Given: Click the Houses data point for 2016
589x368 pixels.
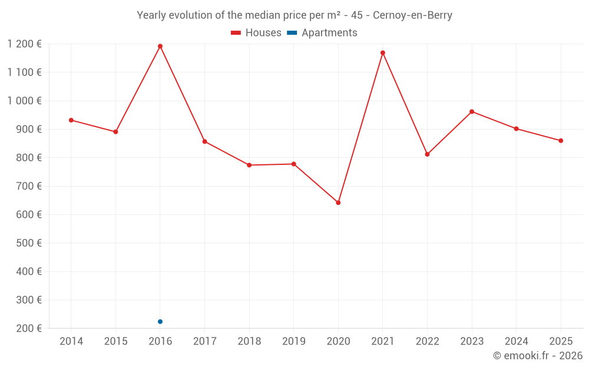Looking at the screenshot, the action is click(x=160, y=46).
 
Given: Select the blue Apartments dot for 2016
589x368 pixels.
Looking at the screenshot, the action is click(x=160, y=321).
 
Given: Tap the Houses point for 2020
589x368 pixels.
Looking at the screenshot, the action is click(x=338, y=203).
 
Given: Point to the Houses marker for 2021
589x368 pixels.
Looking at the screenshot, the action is click(x=383, y=53).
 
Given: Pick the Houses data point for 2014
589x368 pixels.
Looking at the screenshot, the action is click(x=71, y=120).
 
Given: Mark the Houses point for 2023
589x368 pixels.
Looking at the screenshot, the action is click(x=472, y=111).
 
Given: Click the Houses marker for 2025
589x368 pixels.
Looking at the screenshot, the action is click(x=561, y=141).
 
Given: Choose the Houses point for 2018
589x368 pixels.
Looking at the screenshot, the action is click(x=249, y=165).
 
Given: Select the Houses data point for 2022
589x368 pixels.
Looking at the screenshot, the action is click(x=427, y=154).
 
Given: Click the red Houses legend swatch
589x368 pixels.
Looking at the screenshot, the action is click(x=236, y=32).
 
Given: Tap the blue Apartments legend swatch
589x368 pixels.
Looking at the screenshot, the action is click(x=292, y=32).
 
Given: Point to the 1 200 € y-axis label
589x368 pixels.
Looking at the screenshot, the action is click(x=24, y=44).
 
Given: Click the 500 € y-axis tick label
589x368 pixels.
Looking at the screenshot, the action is click(x=29, y=243).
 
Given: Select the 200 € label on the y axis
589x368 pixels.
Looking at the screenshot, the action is click(x=29, y=328).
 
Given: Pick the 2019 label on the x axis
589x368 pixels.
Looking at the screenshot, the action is click(x=294, y=341).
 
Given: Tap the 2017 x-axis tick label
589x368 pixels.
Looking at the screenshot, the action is click(x=205, y=341).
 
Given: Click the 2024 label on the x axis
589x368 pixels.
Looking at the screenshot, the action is click(x=516, y=341).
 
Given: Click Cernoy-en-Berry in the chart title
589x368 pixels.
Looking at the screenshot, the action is click(x=412, y=15).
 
